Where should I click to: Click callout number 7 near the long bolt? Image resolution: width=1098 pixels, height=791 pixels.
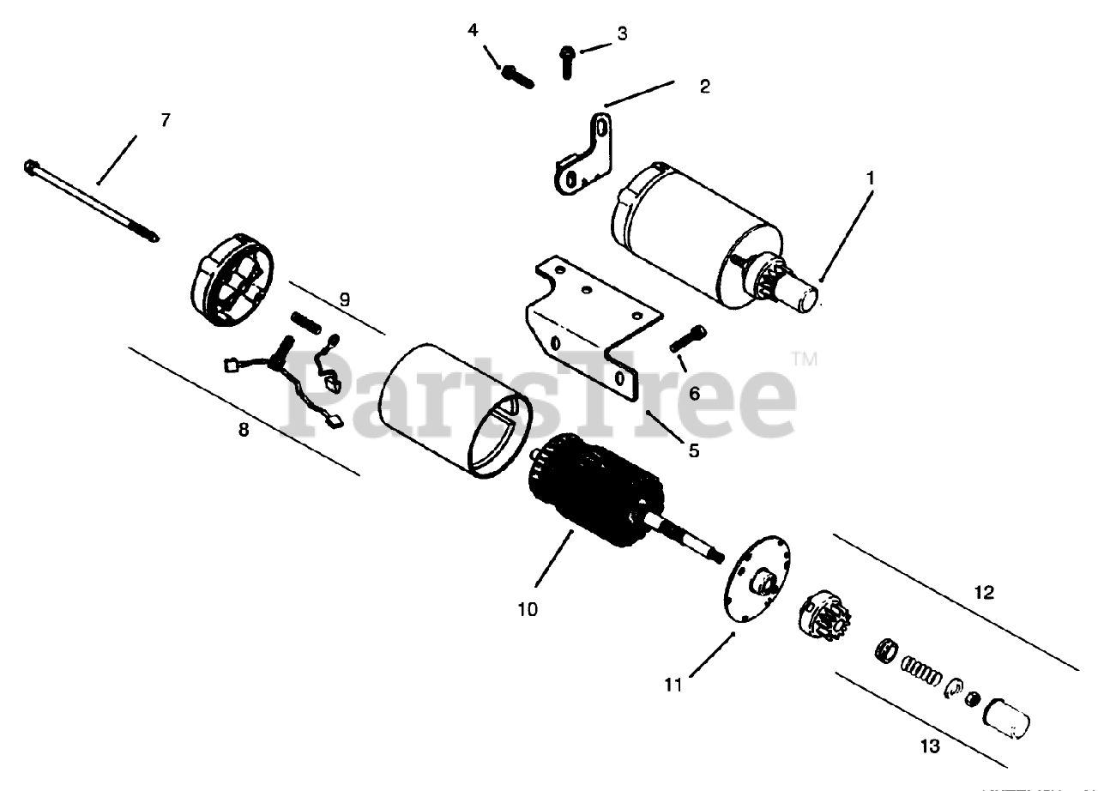tap(166, 120)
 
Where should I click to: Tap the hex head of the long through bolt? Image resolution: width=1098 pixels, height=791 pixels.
tap(32, 164)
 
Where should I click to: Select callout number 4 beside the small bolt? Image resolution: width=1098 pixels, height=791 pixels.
tap(473, 31)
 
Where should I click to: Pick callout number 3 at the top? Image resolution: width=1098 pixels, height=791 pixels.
tap(622, 33)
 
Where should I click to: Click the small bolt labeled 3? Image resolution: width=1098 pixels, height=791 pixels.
tap(567, 61)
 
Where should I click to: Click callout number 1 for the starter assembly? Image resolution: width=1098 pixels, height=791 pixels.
tap(870, 178)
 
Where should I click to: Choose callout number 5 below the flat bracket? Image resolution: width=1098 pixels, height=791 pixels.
tap(693, 450)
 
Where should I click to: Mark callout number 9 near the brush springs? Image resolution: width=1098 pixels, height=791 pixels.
tap(344, 299)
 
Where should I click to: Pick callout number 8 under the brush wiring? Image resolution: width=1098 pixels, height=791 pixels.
tap(244, 430)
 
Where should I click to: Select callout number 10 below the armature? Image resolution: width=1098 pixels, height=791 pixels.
tap(528, 609)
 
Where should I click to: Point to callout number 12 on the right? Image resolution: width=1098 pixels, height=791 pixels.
tap(984, 593)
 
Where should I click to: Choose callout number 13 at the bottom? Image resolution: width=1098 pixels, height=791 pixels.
tap(929, 746)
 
